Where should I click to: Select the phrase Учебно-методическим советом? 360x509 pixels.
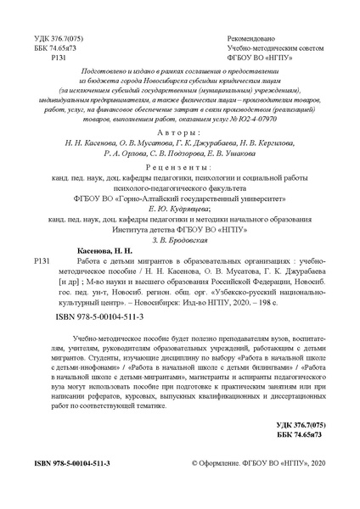(x=274, y=49)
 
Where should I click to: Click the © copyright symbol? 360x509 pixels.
(x=196, y=489)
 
